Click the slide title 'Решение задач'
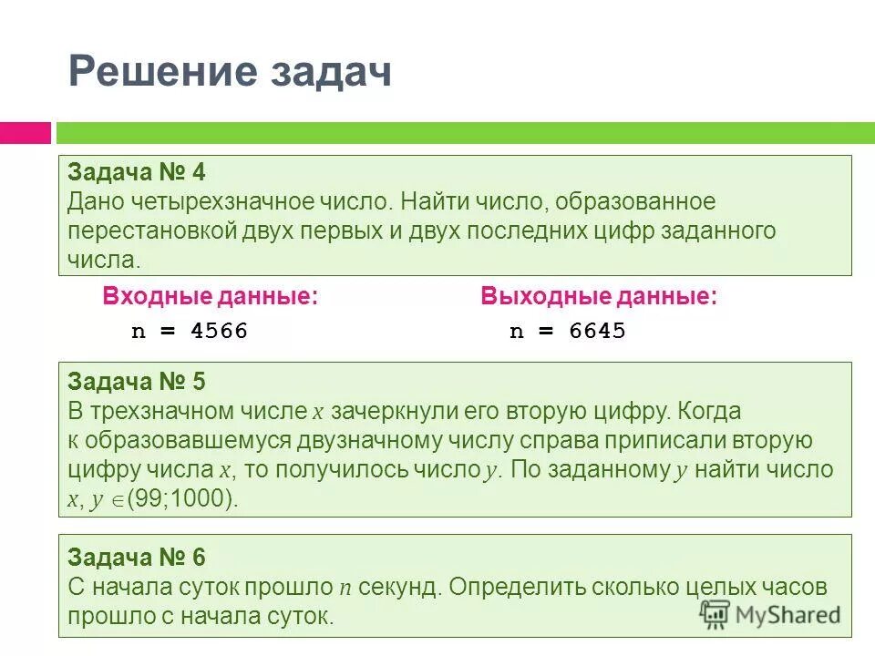pyautogui.click(x=230, y=71)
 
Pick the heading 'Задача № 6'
pyautogui.click(x=142, y=557)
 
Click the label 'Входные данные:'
pyautogui.click(x=211, y=296)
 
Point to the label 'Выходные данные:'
pyautogui.click(x=599, y=296)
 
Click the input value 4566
pyautogui.click(x=219, y=331)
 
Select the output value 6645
pyautogui.click(x=597, y=331)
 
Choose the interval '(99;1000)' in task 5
pyautogui.click(x=182, y=499)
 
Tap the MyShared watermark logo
pyautogui.click(x=770, y=613)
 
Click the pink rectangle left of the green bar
pyautogui.click(x=25, y=133)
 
